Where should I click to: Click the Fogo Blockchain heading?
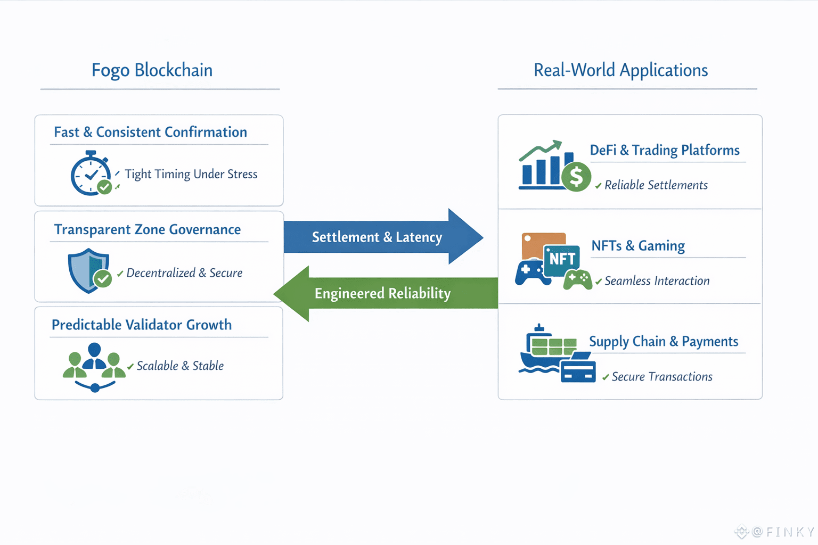tap(152, 70)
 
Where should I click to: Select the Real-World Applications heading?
tap(620, 70)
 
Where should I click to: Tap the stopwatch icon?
tap(91, 174)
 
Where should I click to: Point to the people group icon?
tap(94, 367)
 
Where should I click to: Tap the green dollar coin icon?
tap(576, 177)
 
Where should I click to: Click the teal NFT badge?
tap(562, 260)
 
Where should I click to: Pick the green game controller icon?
tap(578, 279)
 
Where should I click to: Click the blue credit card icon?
tap(578, 371)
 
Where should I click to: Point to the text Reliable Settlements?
tap(656, 185)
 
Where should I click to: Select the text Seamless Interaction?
tap(657, 281)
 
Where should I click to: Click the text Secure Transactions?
tap(662, 377)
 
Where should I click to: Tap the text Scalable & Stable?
tap(180, 366)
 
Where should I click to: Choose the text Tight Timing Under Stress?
tap(191, 175)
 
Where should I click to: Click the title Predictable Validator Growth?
tap(142, 325)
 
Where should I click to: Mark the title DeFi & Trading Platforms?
tap(665, 151)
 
